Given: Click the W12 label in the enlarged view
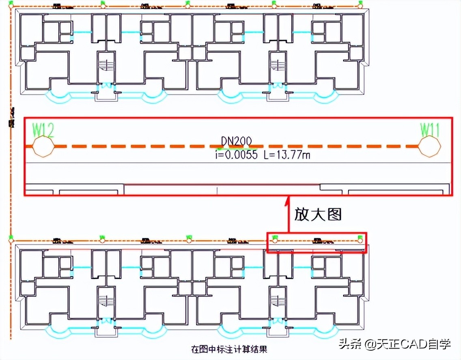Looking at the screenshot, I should (x=43, y=131).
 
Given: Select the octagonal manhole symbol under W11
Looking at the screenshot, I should (x=429, y=146).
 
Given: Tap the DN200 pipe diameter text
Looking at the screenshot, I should (x=236, y=141).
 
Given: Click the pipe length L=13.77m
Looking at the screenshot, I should (x=287, y=154).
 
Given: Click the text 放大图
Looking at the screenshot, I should (x=318, y=214).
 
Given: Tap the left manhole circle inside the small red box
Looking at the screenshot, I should (x=275, y=240).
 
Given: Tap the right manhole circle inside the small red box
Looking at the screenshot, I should (x=360, y=240).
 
